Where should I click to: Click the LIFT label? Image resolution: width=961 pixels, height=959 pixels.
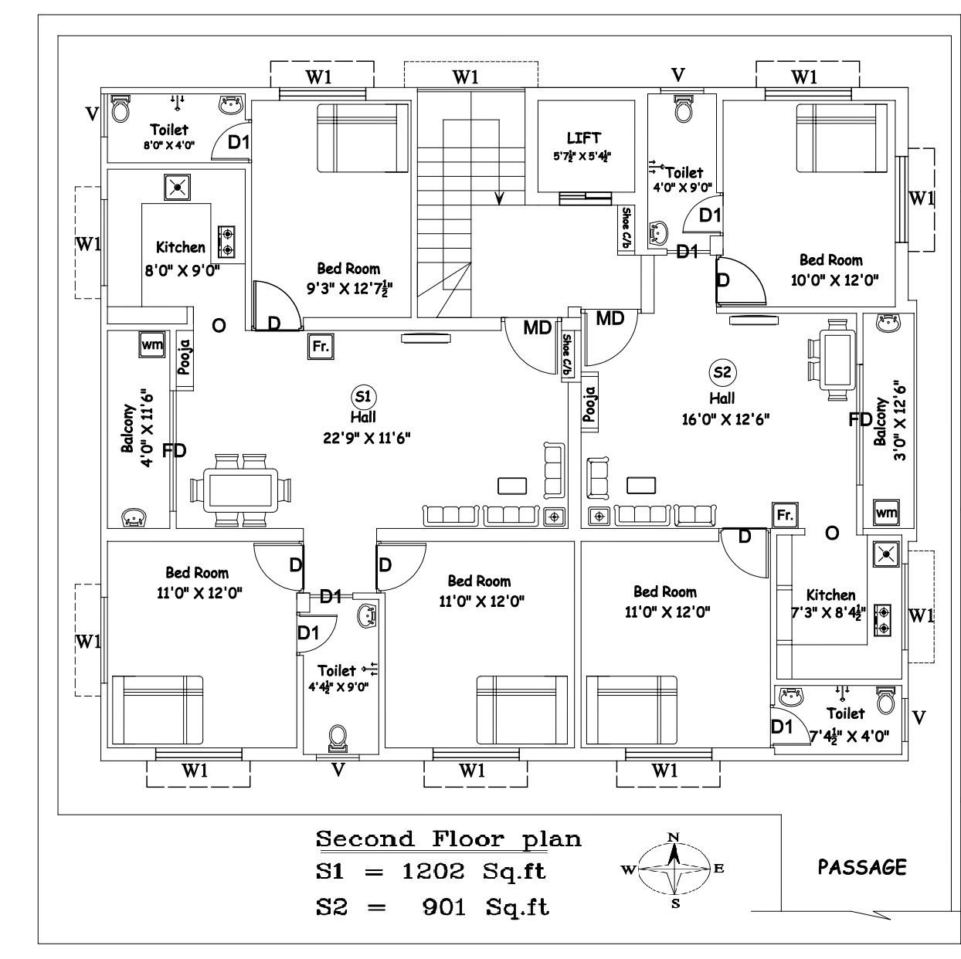[x=583, y=138]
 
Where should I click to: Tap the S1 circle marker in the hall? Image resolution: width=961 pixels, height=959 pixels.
[x=363, y=397]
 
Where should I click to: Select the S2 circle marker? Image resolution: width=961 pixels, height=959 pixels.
[x=722, y=372]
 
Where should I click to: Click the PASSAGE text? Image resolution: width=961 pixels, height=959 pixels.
[x=862, y=868]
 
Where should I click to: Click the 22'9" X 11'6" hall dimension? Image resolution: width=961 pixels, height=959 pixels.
[x=366, y=439]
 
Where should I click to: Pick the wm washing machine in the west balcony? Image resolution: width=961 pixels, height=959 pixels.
[x=152, y=344]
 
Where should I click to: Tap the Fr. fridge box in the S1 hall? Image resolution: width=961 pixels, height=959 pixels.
[x=321, y=346]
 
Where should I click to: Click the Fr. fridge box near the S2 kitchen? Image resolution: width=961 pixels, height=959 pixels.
[x=785, y=515]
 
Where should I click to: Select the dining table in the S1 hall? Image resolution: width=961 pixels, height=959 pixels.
[x=241, y=490]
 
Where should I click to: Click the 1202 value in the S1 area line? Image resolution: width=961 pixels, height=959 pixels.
[x=433, y=872]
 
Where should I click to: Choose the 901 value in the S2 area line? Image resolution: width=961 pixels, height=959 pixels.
[x=443, y=907]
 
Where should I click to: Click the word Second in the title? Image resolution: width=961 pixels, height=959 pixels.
[x=365, y=839]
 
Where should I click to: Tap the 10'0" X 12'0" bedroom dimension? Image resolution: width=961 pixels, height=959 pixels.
[x=834, y=280]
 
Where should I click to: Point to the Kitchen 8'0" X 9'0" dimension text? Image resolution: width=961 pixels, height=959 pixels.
[x=182, y=271]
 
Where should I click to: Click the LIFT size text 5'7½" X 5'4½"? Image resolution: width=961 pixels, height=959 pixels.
[x=582, y=156]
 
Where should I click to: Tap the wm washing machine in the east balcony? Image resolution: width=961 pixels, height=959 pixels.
[x=886, y=512]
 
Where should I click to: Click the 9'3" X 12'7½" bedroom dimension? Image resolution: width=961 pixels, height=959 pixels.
[x=350, y=288]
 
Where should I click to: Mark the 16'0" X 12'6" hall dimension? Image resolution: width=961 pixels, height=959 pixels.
[x=725, y=419]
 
